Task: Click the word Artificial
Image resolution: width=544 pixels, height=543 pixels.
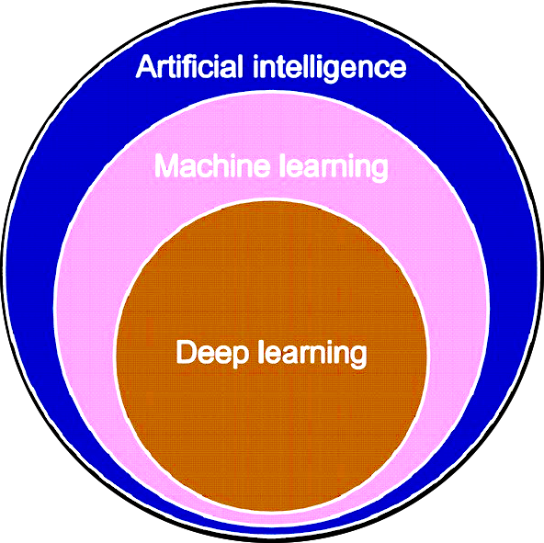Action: coord(189,66)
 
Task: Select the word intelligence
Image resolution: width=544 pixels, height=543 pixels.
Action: coord(329,68)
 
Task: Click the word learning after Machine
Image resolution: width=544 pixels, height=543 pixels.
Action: coord(334,167)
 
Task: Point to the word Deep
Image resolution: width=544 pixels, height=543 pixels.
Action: coord(212,354)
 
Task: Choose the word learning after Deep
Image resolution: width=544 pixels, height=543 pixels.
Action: coord(312,354)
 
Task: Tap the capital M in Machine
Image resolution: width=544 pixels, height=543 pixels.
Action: coord(167,165)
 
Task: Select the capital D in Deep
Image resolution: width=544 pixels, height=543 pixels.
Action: coord(187,352)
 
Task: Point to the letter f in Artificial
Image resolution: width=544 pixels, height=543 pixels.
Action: coord(187,66)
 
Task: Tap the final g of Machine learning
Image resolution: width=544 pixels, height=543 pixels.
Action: coord(379,171)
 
